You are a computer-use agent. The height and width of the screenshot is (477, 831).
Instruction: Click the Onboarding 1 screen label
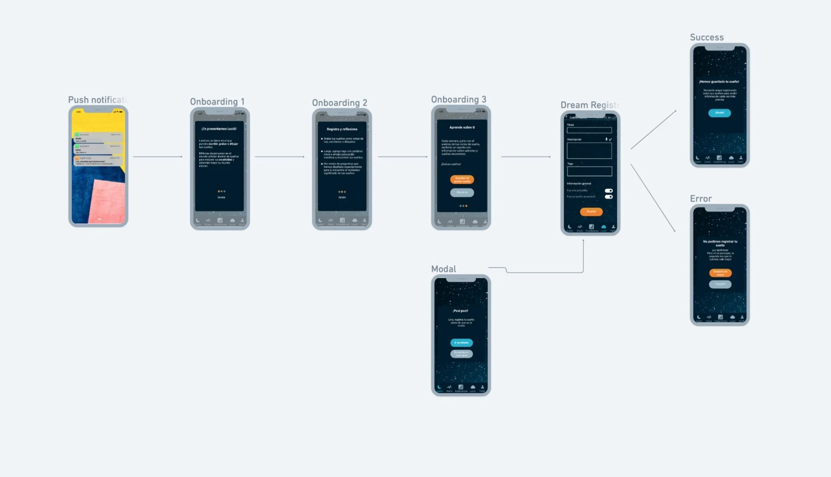click(x=217, y=101)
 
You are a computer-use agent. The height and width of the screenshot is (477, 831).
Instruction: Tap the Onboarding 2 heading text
click(x=339, y=103)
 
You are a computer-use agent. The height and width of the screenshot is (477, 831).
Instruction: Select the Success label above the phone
click(x=707, y=38)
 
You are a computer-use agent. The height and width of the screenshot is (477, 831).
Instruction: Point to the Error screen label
click(x=701, y=199)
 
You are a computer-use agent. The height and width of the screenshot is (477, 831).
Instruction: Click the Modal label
click(x=443, y=269)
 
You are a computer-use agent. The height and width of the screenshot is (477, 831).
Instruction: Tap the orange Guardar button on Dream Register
click(x=591, y=211)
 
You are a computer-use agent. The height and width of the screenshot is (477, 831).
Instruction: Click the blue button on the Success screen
click(x=719, y=113)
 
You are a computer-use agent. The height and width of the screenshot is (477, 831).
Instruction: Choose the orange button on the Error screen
click(x=720, y=272)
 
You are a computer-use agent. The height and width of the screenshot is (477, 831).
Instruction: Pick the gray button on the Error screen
click(x=720, y=284)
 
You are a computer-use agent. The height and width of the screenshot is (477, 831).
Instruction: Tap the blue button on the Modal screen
click(x=461, y=343)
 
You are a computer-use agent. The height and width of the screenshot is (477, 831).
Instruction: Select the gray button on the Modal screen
click(x=461, y=353)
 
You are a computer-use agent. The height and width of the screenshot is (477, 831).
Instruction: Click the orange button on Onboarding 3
click(x=462, y=179)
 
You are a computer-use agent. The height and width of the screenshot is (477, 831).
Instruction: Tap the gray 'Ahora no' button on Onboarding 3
click(x=462, y=192)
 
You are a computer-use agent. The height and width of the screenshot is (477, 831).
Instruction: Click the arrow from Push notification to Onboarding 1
click(x=158, y=156)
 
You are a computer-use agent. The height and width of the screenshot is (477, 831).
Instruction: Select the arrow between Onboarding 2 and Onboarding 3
click(x=403, y=156)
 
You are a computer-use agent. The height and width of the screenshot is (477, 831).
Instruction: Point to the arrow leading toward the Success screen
click(x=653, y=130)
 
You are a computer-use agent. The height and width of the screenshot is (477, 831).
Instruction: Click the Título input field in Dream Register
click(x=589, y=130)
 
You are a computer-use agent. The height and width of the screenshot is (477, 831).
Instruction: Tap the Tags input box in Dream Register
click(x=589, y=171)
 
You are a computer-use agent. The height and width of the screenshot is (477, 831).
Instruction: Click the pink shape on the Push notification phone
click(x=109, y=200)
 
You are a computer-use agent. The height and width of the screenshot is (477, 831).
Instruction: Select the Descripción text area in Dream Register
click(x=589, y=151)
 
